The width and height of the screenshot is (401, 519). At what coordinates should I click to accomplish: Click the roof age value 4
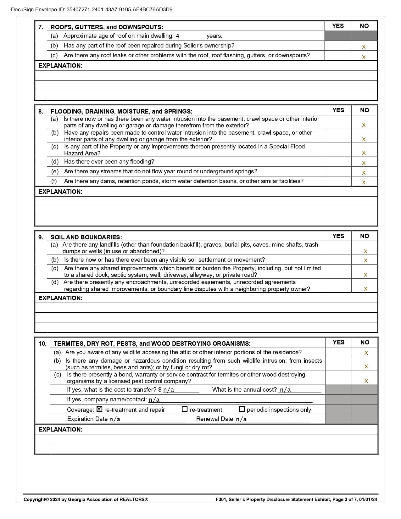click(x=178, y=36)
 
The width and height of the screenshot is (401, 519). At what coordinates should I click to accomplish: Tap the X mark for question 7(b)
click(x=364, y=47)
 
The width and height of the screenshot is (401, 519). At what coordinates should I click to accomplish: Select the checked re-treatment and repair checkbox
click(x=99, y=409)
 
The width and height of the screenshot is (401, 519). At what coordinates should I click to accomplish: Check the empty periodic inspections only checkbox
click(x=242, y=409)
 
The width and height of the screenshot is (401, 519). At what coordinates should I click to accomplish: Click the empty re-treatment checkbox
click(x=185, y=409)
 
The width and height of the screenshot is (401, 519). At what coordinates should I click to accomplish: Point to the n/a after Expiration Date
click(x=115, y=419)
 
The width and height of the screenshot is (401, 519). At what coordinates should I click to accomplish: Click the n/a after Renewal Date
click(x=241, y=419)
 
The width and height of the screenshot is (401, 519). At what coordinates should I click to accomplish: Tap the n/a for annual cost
click(x=285, y=390)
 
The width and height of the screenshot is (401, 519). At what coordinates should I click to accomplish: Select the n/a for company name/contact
click(x=154, y=400)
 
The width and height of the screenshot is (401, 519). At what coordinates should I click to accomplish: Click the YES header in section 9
click(x=338, y=236)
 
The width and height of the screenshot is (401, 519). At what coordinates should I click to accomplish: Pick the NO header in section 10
click(x=365, y=342)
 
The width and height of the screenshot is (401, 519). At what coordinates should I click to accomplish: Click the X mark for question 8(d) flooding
click(x=364, y=163)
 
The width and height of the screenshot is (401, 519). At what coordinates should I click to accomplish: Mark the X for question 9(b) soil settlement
click(x=365, y=260)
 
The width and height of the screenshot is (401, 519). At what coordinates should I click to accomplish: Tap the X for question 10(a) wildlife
click(x=366, y=353)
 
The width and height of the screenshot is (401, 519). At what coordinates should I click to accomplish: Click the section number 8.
click(x=41, y=111)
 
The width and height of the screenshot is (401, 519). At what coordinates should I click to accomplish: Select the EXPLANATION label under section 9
click(x=60, y=298)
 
